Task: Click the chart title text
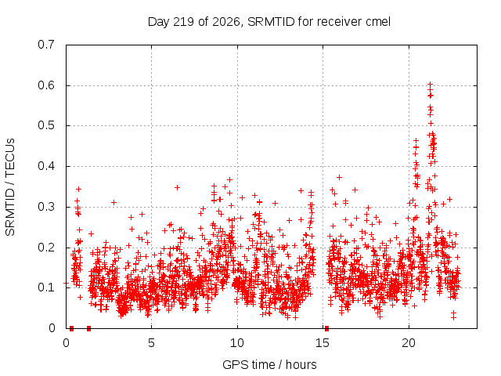click(x=269, y=22)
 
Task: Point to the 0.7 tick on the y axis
click(x=46, y=45)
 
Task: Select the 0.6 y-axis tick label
click(x=46, y=85)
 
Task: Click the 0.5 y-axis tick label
click(x=46, y=125)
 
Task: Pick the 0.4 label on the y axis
click(x=46, y=166)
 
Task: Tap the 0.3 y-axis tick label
click(x=46, y=207)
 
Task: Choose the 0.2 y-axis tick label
click(x=46, y=248)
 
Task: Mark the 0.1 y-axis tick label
click(x=46, y=287)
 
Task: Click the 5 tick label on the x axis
click(x=151, y=343)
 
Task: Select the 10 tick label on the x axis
click(x=237, y=343)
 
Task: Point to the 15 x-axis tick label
click(x=323, y=343)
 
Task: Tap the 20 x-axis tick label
click(x=409, y=343)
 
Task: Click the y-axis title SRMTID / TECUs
click(x=10, y=187)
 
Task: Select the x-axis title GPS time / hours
click(x=269, y=364)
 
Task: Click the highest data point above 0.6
click(x=430, y=85)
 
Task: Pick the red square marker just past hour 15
click(x=326, y=328)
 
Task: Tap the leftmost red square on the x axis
click(x=71, y=328)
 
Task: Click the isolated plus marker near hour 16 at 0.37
click(x=339, y=177)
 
